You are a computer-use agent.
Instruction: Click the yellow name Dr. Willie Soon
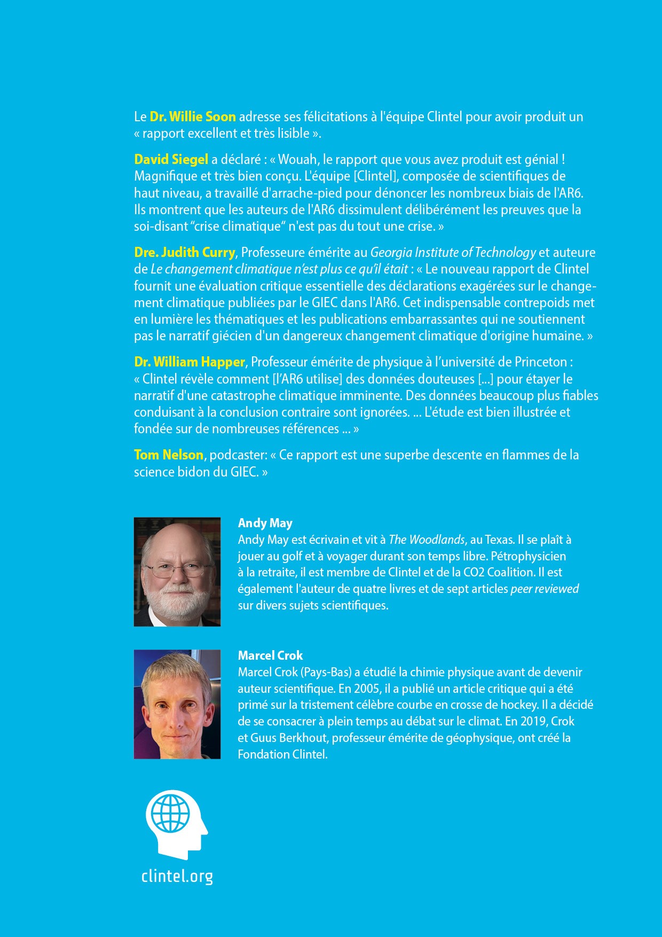(193, 117)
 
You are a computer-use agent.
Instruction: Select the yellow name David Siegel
(171, 160)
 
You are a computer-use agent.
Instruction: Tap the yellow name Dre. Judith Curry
(184, 253)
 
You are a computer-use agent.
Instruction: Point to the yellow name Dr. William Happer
(189, 362)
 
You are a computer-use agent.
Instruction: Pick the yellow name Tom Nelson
(168, 455)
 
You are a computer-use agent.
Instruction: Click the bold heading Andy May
(265, 524)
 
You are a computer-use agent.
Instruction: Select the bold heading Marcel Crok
(270, 656)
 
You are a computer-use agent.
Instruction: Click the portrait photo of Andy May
(177, 572)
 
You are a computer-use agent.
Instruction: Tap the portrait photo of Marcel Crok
(177, 704)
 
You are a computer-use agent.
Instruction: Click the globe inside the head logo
(170, 814)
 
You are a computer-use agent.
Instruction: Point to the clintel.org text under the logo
(177, 877)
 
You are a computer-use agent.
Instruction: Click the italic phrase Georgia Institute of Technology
(453, 253)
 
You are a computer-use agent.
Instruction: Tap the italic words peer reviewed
(545, 589)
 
